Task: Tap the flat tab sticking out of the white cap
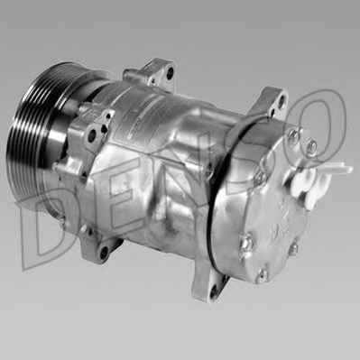[x=340, y=168]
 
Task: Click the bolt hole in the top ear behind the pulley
[x=171, y=73]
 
